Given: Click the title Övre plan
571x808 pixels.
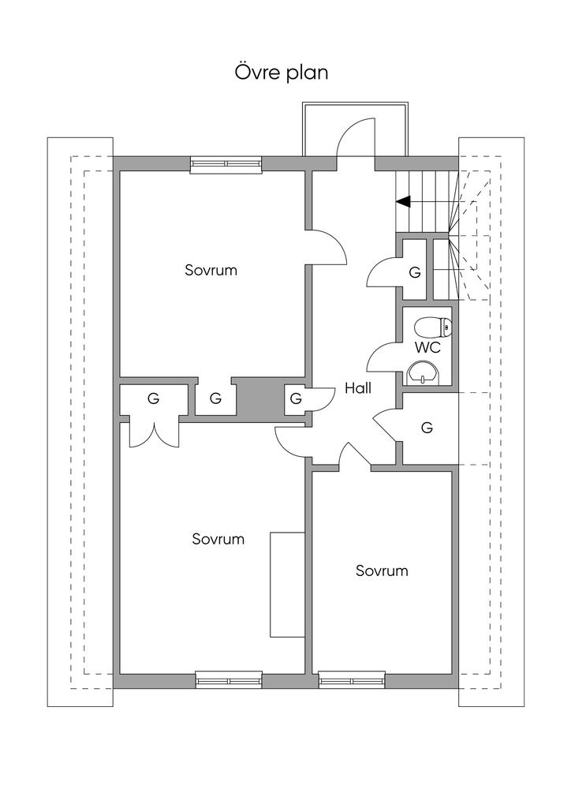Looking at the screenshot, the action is coord(282,73).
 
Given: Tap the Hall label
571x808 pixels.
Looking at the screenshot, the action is coord(358,388).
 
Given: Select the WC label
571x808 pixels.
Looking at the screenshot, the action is coord(427,348).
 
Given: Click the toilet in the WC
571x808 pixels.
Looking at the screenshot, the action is coord(434,327).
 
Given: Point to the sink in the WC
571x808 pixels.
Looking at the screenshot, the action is coord(424,372).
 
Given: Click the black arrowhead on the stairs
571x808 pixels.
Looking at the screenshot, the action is coord(403,201).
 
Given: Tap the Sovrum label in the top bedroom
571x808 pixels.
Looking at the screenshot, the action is coord(211,270).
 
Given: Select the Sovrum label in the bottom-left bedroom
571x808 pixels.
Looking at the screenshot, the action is coord(218,539).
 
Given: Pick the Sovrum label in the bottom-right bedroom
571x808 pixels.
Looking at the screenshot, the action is coord(382,570).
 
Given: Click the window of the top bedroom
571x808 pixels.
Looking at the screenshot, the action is coord(226,164).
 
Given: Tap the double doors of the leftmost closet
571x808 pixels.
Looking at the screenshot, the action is coord(154,436).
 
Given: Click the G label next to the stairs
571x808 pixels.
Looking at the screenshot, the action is coord(415,272).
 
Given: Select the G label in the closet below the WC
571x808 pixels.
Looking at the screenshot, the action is coord(427,427).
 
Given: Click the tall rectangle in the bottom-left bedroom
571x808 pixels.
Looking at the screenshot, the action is coord(287,585).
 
